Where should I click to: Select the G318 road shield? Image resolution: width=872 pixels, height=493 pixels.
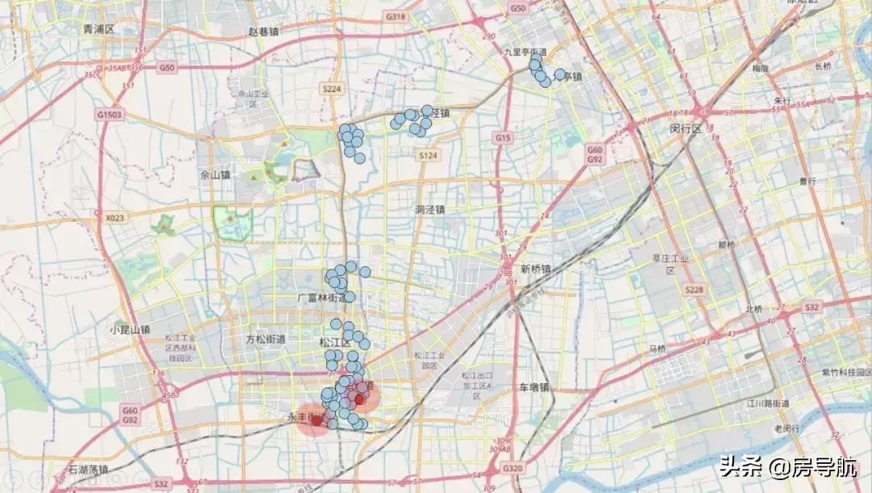pos(396,16)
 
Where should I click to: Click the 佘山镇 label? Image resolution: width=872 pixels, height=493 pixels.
pos(215,174)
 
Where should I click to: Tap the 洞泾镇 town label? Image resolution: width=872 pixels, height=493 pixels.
pos(430,210)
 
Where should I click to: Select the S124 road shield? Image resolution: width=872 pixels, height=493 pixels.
pos(428,154)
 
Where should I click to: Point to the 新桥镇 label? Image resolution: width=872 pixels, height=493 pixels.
pos(535,269)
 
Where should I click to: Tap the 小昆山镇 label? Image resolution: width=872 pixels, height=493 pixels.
pos(130,329)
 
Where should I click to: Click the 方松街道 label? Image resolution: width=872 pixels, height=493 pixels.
pos(266,341)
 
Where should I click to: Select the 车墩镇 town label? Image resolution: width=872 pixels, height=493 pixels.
pos(534,387)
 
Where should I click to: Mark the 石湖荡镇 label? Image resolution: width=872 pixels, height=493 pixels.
pos(88,469)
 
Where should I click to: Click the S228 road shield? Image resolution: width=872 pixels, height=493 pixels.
pos(693,290)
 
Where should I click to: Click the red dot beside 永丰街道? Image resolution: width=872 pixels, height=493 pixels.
pos(317,420)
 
